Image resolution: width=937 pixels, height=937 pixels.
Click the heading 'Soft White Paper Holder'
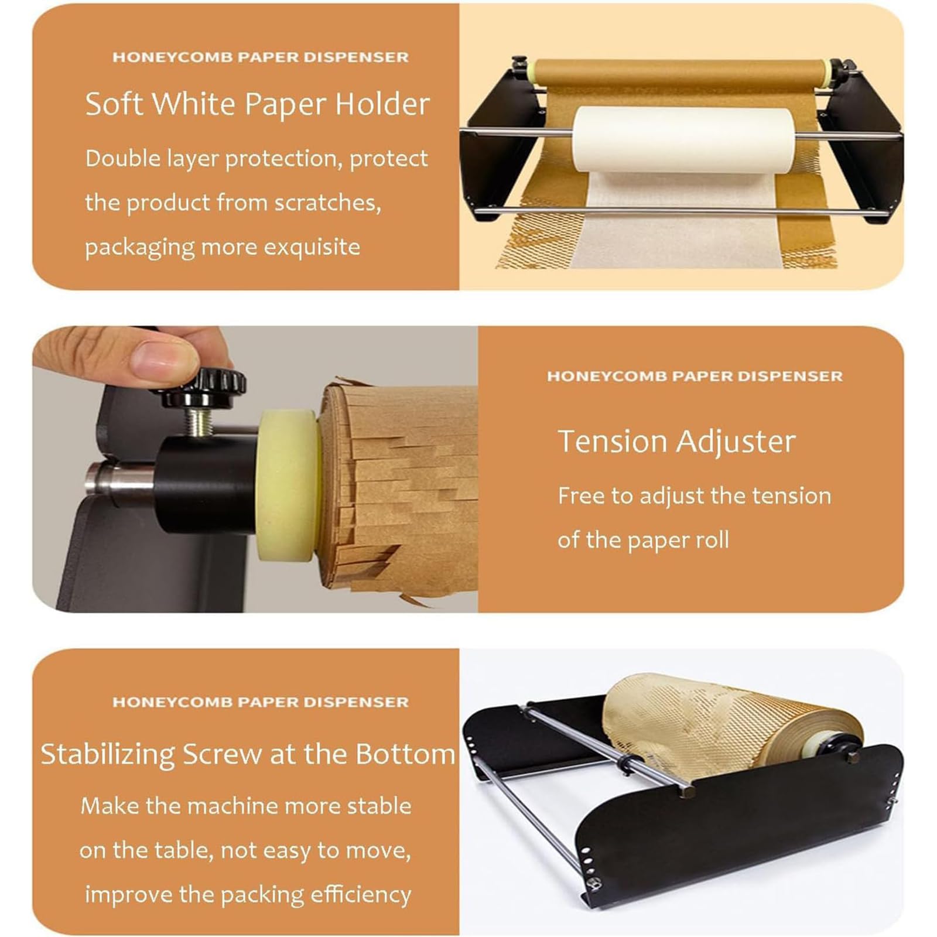click(258, 104)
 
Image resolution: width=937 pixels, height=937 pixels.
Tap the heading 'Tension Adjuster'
click(676, 442)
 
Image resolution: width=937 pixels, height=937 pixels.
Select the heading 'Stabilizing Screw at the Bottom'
click(248, 754)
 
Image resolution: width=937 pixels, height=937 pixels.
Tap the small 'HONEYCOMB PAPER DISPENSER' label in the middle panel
click(695, 376)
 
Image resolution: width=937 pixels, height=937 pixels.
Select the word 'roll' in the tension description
click(711, 540)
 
